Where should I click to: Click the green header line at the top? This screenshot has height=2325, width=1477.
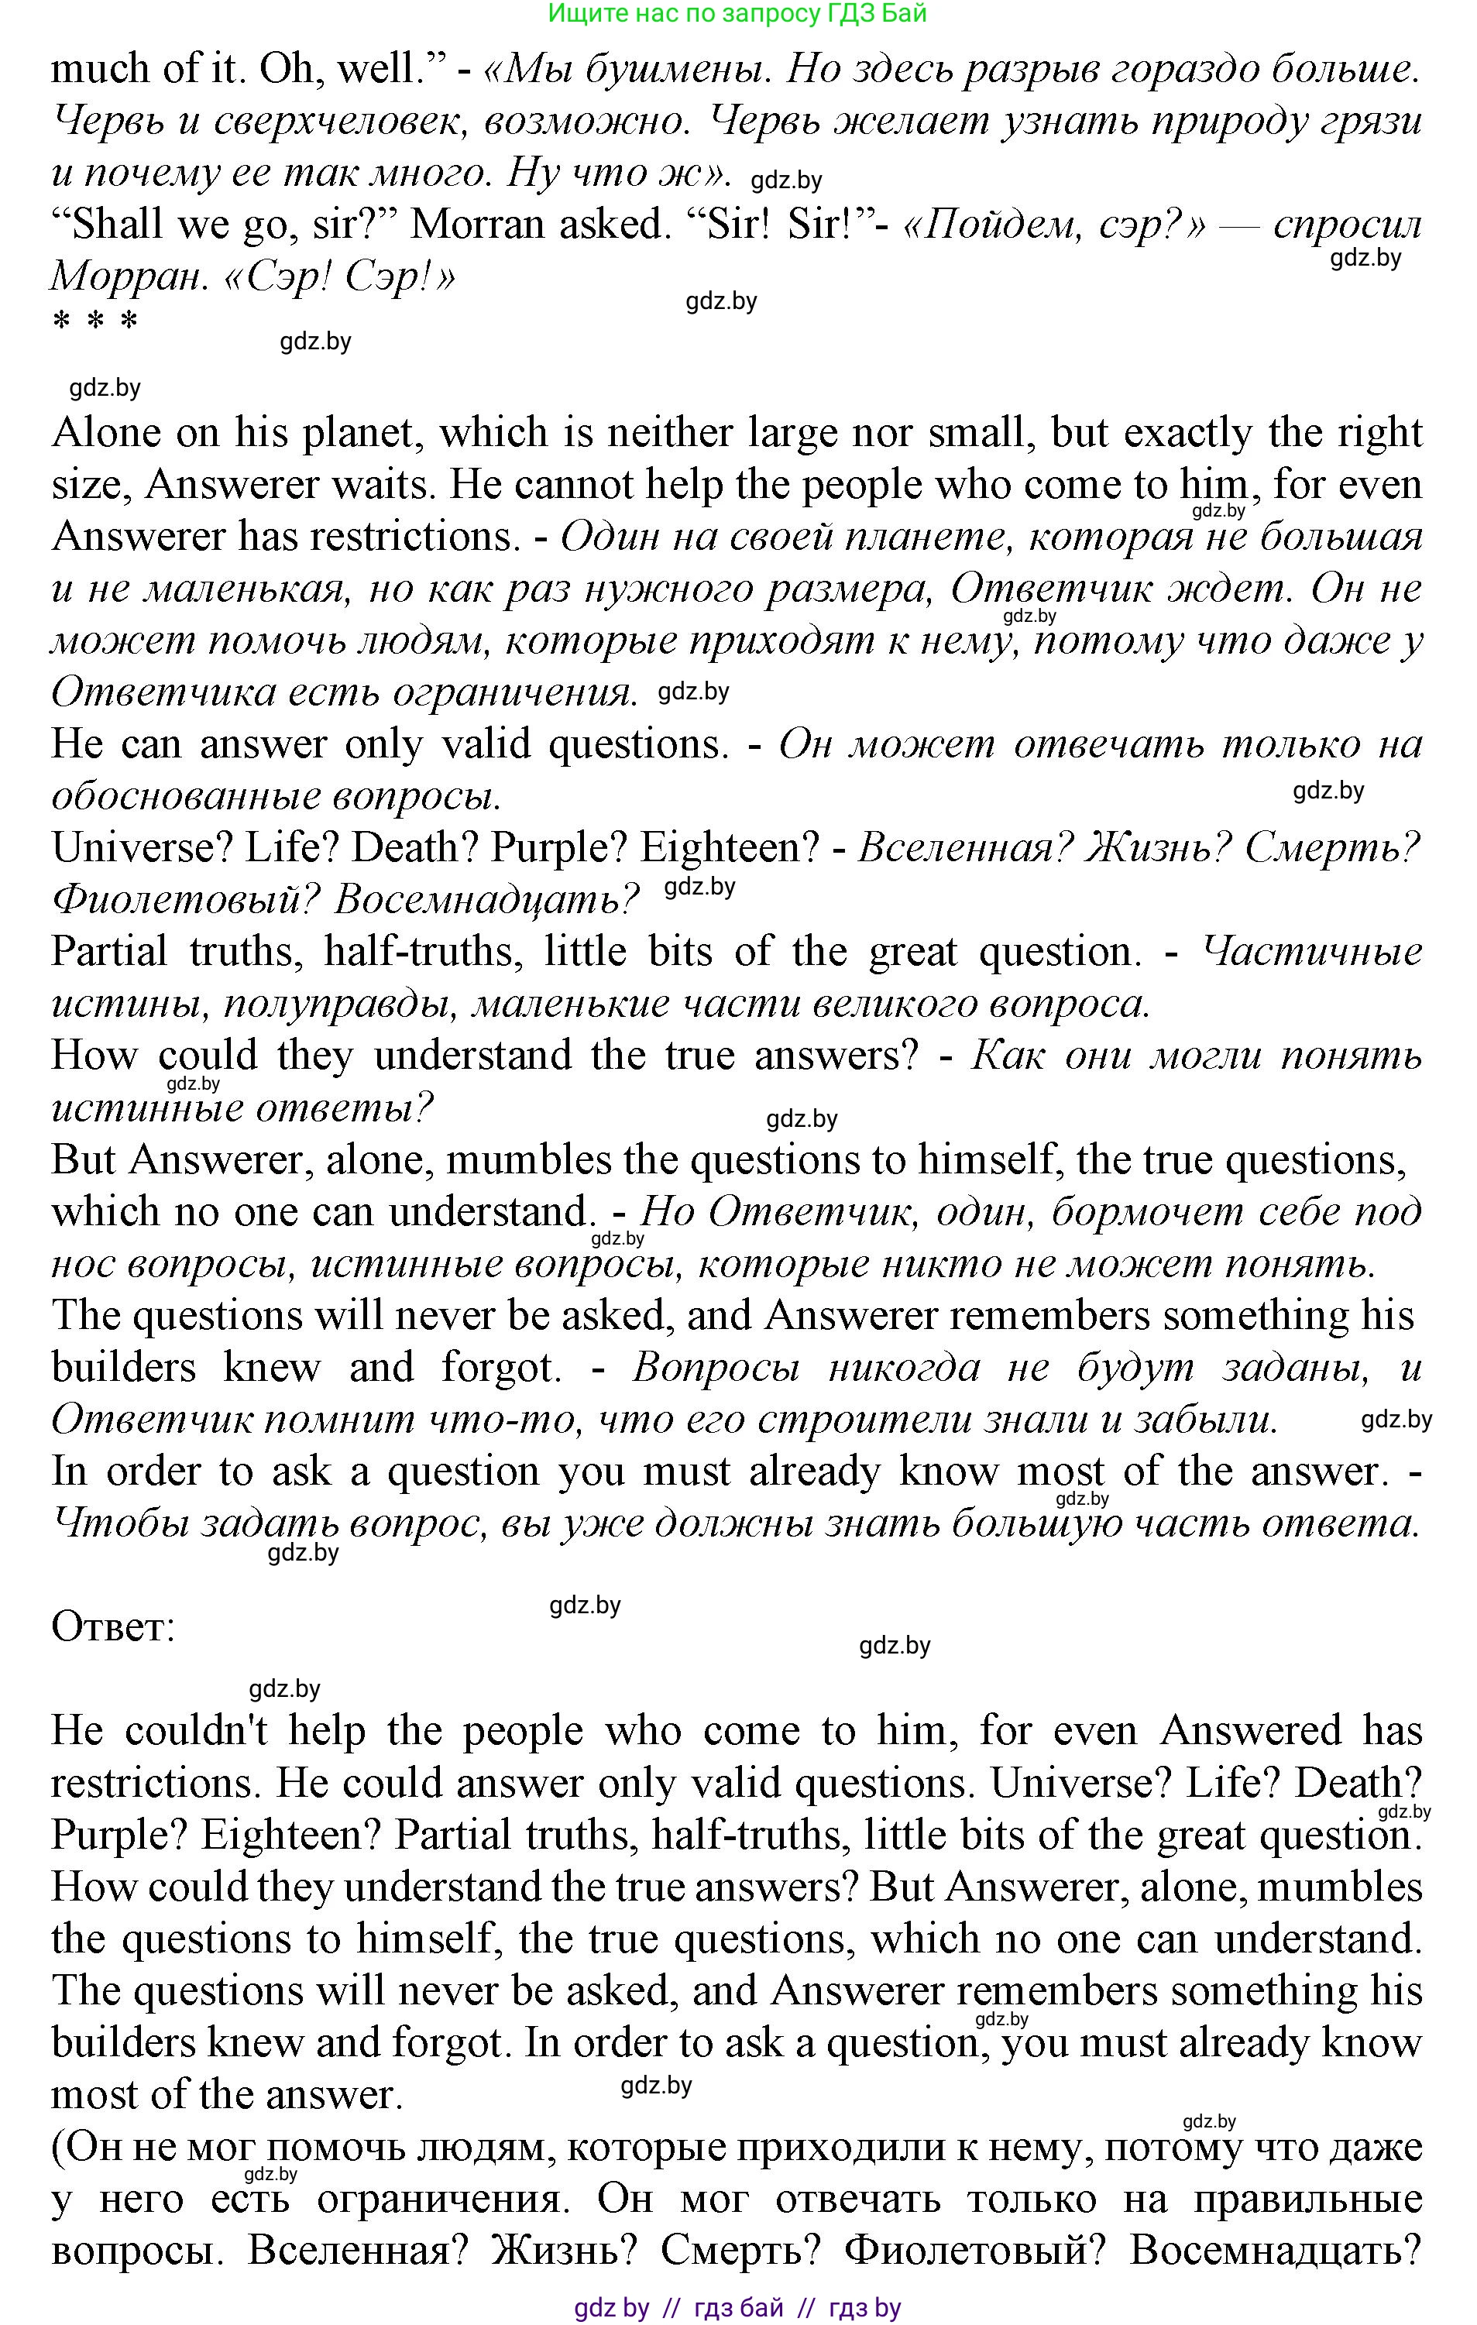tap(737, 13)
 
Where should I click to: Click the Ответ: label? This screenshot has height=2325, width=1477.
tap(113, 1627)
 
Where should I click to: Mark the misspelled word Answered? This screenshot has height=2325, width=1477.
tap(1250, 1731)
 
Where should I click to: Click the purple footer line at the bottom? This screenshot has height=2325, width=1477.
tap(737, 2309)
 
